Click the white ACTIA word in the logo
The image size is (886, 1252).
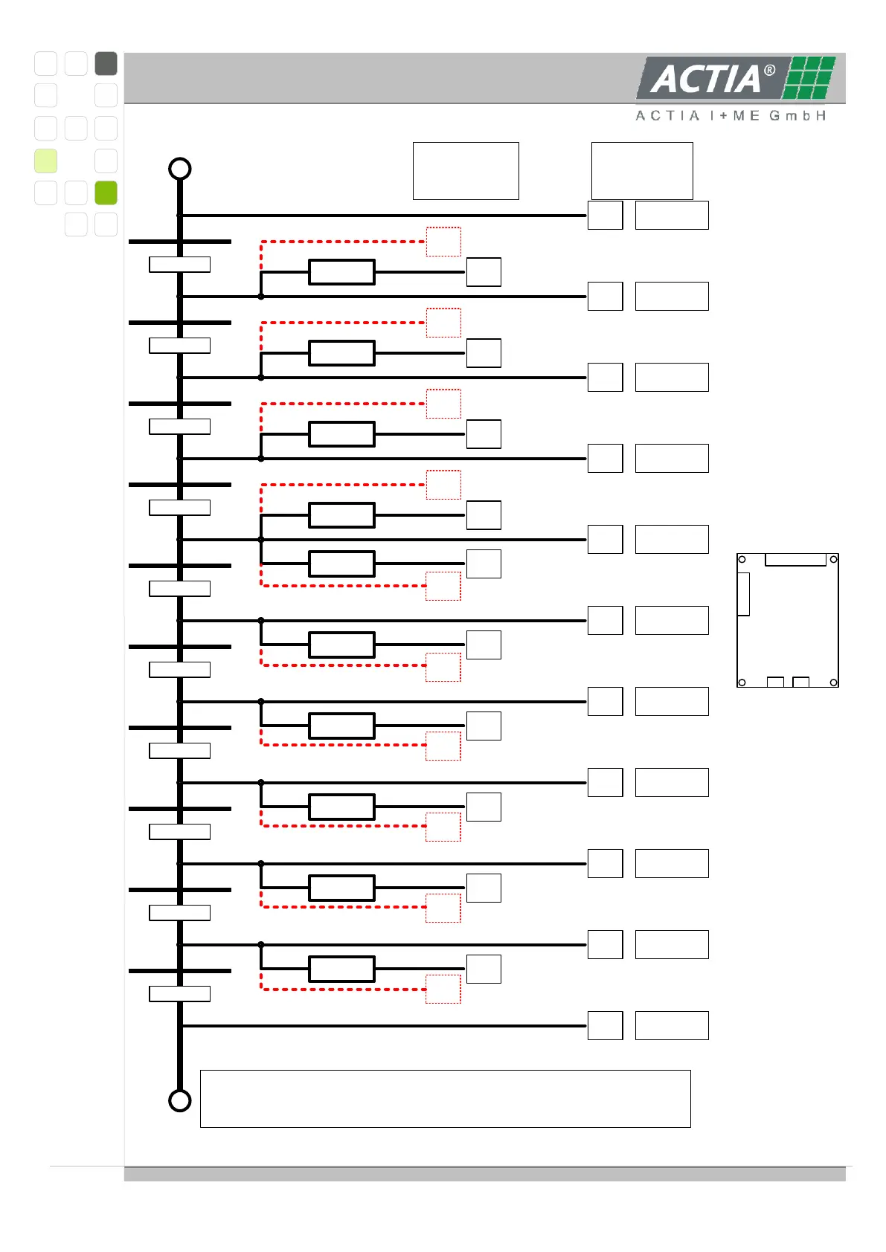point(705,79)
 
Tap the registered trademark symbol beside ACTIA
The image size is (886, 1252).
point(770,71)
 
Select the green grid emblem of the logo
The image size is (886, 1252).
point(810,77)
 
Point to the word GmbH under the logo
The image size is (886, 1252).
point(797,116)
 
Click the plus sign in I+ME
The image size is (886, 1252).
point(722,116)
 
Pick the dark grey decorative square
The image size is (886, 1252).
point(106,64)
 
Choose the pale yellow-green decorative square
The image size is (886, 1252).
point(45,161)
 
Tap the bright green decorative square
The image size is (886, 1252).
point(106,193)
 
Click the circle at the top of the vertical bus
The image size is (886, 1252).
point(180,169)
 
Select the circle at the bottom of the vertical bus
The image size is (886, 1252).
point(180,1100)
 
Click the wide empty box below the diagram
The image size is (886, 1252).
point(445,1099)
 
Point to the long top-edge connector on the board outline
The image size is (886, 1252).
point(795,560)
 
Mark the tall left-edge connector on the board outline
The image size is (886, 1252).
point(743,594)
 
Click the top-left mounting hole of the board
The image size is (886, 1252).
point(742,559)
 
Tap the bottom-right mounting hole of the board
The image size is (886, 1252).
point(834,683)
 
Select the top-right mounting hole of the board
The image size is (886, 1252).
point(834,559)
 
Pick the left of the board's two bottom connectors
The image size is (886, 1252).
point(775,682)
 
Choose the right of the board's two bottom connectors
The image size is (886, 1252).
point(800,682)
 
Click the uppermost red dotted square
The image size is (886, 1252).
point(443,242)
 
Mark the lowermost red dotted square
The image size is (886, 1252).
point(443,990)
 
